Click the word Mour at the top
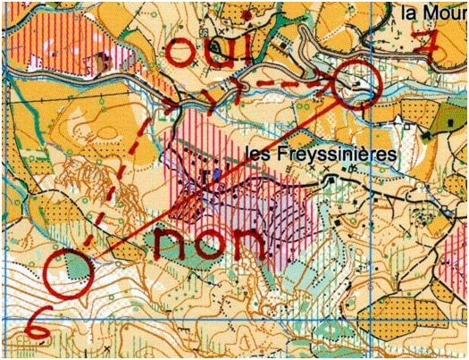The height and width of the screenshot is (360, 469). [x=446, y=13]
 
